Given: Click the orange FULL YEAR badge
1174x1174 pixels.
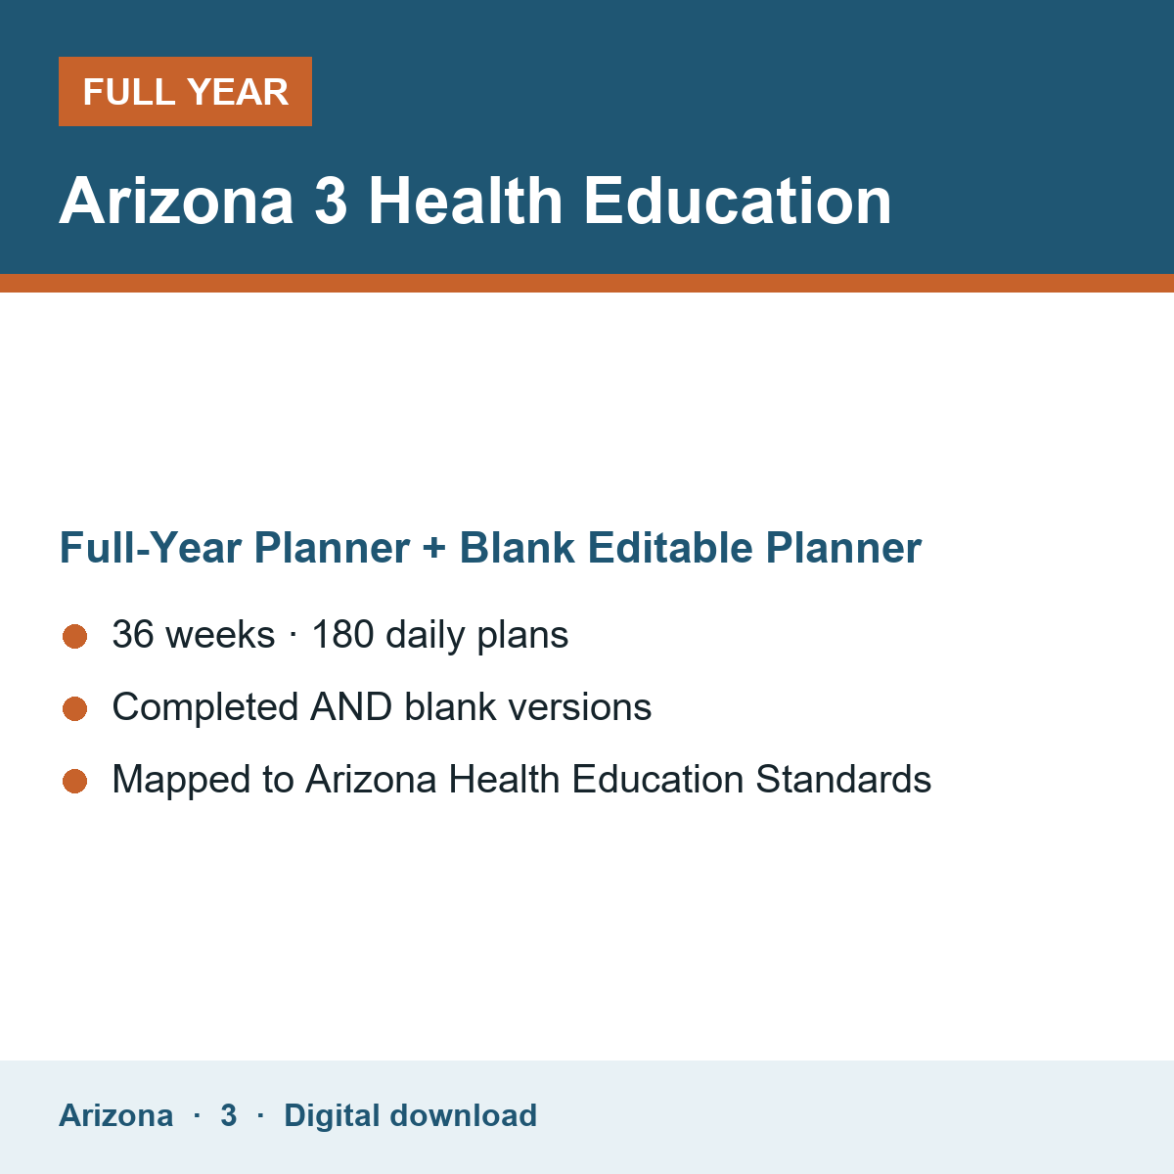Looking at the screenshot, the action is (x=185, y=91).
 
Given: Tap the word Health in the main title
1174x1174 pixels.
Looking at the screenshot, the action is (x=466, y=201).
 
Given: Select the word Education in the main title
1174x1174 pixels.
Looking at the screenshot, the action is (x=738, y=201).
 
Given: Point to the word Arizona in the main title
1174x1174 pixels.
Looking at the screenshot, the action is (x=176, y=201).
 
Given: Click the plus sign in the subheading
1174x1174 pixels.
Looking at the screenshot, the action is (x=434, y=548).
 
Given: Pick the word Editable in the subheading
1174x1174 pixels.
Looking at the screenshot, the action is (x=670, y=547).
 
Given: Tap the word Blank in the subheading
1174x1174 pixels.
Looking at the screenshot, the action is (x=518, y=547).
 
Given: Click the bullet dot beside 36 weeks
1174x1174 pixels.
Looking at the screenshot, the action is (x=75, y=637).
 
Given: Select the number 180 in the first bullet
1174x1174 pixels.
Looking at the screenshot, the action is (x=343, y=634).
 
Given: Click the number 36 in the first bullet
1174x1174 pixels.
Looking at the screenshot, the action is (x=133, y=634).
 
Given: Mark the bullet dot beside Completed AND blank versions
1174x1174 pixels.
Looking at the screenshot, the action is (x=75, y=708).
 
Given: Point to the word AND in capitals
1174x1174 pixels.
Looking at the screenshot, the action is (x=351, y=706).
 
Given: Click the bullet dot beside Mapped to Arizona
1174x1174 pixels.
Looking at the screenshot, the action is (x=75, y=781).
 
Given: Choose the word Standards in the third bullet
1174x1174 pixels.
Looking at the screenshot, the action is (x=843, y=779).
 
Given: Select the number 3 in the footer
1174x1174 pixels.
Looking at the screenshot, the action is (x=229, y=1115).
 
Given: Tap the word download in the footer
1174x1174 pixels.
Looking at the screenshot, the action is (x=463, y=1115).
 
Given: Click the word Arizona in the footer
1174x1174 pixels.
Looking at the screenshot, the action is (x=115, y=1115).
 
